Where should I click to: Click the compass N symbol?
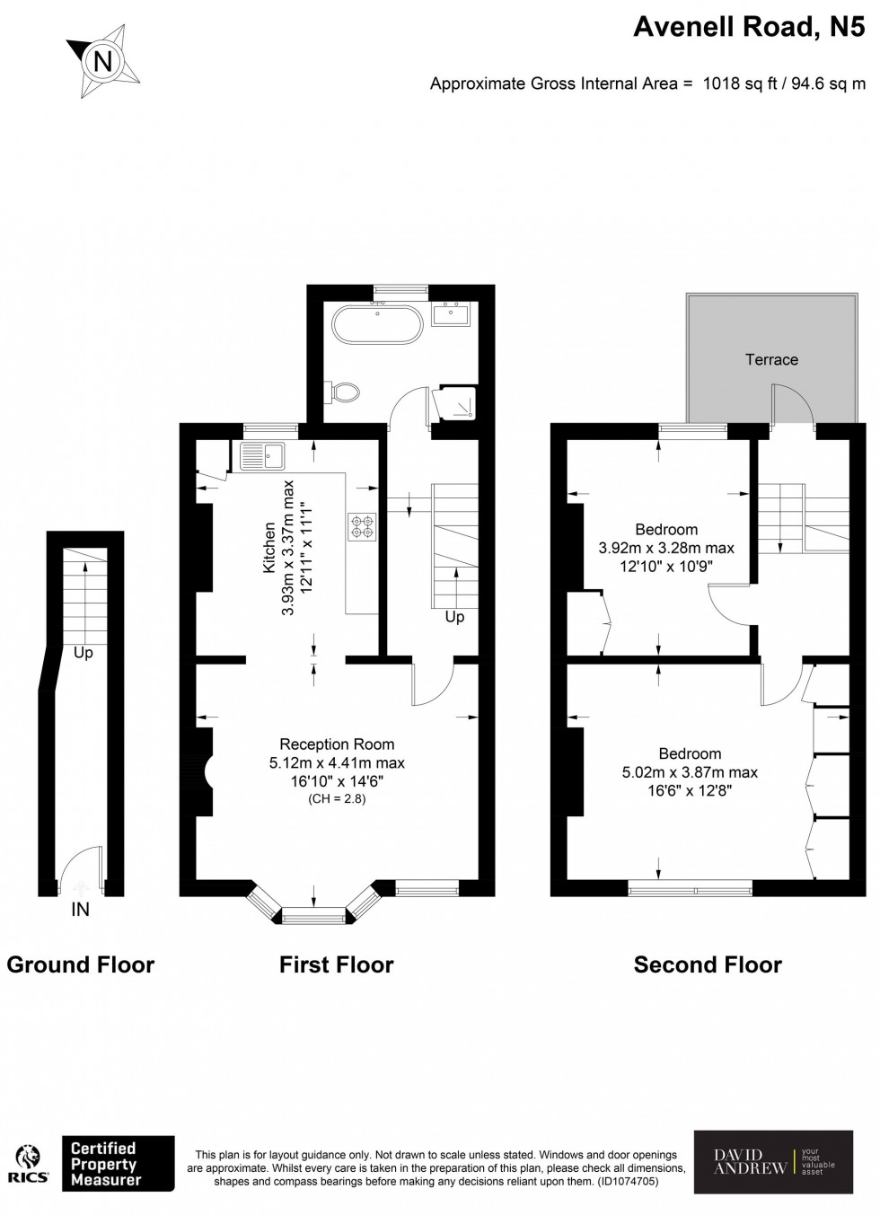tap(103, 61)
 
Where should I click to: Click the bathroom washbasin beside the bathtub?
tap(449, 314)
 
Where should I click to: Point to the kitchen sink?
tap(261, 456)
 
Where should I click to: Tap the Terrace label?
tap(771, 359)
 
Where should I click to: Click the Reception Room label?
tap(337, 744)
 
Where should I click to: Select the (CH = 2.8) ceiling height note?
tap(337, 798)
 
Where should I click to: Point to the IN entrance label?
tap(81, 910)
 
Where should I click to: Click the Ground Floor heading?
tap(81, 964)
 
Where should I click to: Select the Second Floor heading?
tap(708, 964)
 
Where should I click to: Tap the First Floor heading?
tap(337, 964)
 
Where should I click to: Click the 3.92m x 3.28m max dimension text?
tap(666, 548)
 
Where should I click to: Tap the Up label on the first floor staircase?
tap(454, 617)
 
